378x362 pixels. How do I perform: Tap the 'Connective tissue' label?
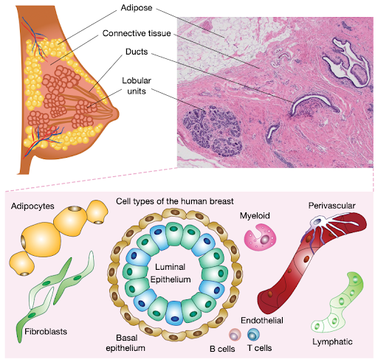tap(137, 34)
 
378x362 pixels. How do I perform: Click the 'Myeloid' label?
tap(255, 216)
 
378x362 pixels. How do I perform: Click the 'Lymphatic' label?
tap(334, 341)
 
